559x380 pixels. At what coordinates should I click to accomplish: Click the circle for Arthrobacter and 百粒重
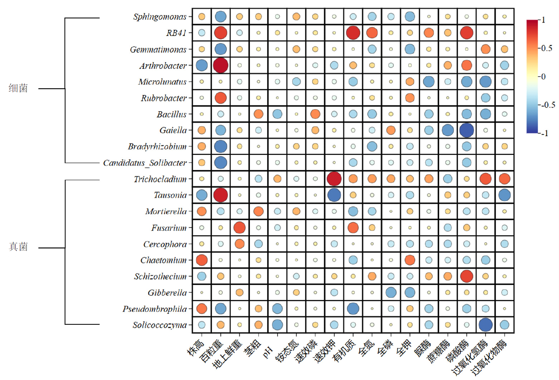(220, 65)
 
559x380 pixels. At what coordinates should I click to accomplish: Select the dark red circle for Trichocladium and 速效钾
(334, 179)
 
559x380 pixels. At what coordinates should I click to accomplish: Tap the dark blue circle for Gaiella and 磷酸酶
(466, 130)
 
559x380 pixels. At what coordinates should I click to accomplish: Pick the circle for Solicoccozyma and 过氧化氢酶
(486, 325)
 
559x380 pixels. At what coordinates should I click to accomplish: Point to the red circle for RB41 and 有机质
(353, 33)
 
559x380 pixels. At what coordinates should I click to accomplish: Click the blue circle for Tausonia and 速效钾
(334, 195)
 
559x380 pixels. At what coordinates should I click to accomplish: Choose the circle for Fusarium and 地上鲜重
(239, 228)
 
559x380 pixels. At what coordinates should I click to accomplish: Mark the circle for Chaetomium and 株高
(202, 260)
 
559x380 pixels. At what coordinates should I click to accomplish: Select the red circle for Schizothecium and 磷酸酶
(466, 276)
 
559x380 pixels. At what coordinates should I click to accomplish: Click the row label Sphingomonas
(160, 17)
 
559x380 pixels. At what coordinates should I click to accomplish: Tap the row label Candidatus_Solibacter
(145, 163)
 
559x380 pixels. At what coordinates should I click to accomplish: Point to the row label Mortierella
(166, 211)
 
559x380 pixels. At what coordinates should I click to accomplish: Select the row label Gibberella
(167, 293)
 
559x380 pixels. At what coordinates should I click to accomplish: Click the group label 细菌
(18, 88)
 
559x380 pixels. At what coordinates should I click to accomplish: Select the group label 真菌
(18, 247)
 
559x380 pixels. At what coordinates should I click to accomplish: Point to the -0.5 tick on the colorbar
(548, 105)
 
